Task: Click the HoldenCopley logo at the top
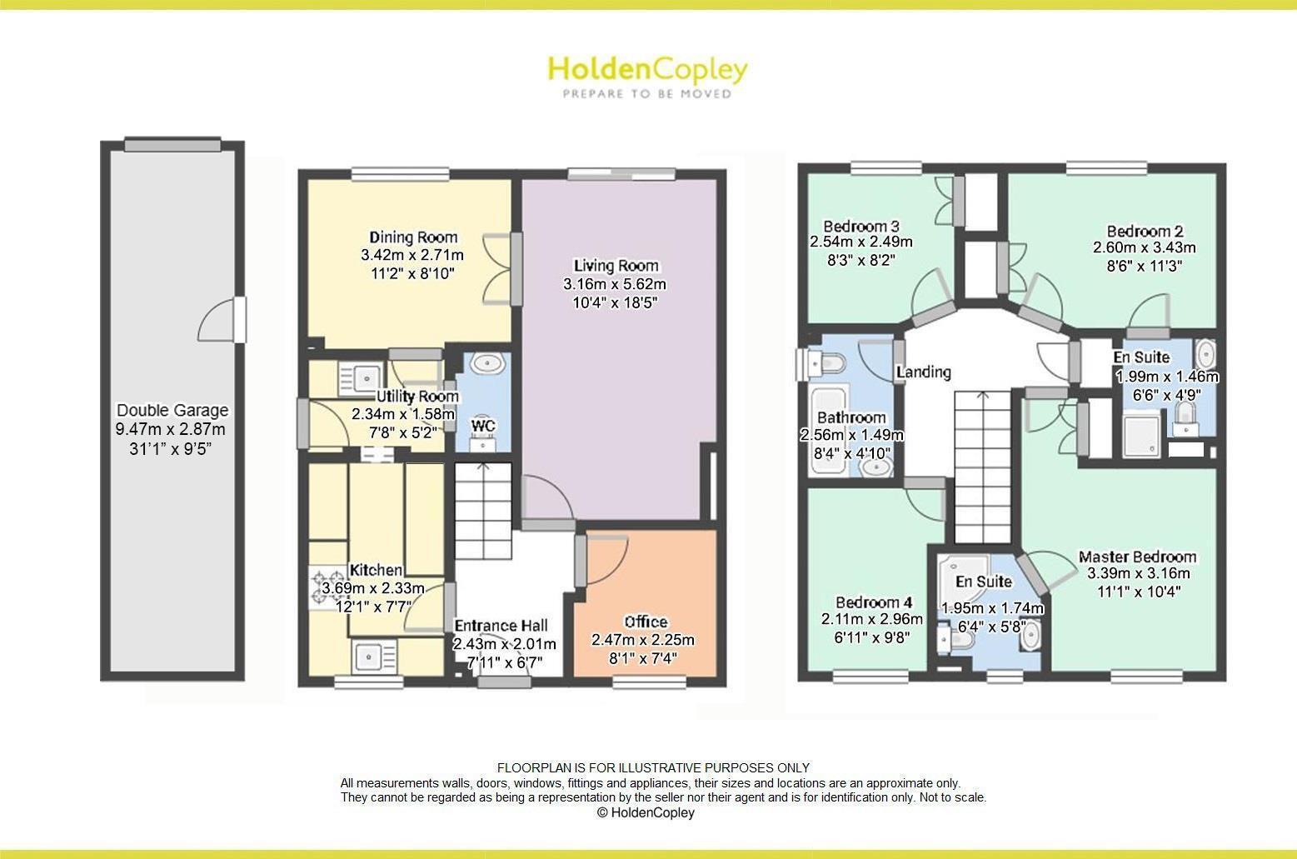click(647, 69)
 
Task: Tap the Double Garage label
click(172, 410)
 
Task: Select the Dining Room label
click(413, 237)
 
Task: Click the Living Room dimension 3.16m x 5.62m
click(615, 284)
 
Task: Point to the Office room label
click(646, 622)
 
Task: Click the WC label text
click(483, 426)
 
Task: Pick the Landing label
click(923, 372)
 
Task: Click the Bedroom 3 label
click(861, 226)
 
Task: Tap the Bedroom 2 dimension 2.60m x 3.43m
click(1144, 247)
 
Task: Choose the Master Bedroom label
click(1137, 557)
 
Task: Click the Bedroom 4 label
click(868, 602)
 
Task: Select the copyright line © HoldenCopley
click(646, 812)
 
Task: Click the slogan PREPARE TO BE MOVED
click(647, 94)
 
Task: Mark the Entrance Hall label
click(501, 625)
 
